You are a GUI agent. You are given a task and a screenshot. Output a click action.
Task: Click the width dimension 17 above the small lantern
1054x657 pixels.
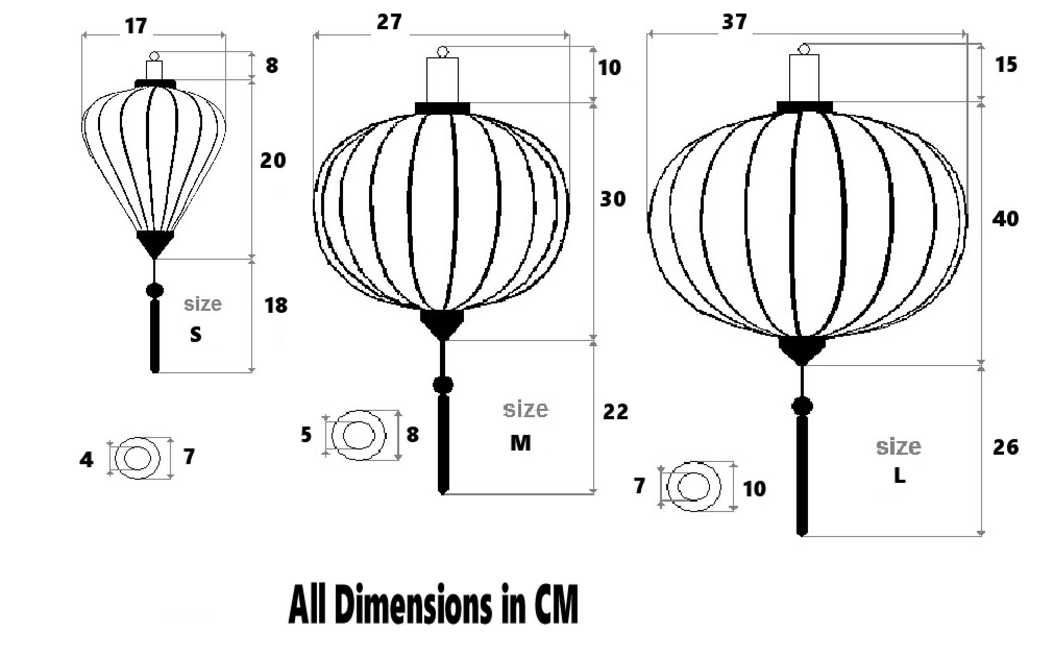coord(136,26)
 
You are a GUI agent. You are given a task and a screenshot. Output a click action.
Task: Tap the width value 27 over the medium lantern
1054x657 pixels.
coord(389,22)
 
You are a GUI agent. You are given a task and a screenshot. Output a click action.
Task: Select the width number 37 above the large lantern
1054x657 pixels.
coord(734,22)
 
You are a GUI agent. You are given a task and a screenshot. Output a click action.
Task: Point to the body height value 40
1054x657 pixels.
coord(1004,218)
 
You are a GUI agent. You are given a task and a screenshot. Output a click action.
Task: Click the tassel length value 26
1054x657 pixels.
coord(1005,447)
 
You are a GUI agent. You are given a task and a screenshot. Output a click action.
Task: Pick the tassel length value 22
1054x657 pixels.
coord(615,412)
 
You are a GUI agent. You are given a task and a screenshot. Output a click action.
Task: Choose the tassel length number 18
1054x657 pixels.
coord(275,306)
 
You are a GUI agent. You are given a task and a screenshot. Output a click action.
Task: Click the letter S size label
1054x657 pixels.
coord(195,335)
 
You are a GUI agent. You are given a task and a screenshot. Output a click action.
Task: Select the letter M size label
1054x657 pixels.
coord(520,443)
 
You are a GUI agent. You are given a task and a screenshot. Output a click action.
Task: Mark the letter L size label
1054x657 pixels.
coord(899,476)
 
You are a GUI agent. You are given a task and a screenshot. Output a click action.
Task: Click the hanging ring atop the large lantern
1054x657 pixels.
coord(804,50)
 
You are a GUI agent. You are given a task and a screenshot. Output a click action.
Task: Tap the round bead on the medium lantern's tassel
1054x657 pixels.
coord(443,385)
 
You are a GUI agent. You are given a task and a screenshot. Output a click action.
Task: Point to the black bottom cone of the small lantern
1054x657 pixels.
coord(155,242)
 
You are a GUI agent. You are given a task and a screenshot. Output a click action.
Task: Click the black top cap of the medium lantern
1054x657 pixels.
coord(443,108)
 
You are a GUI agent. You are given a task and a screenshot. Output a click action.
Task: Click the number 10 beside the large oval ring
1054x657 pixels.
coord(754,489)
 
